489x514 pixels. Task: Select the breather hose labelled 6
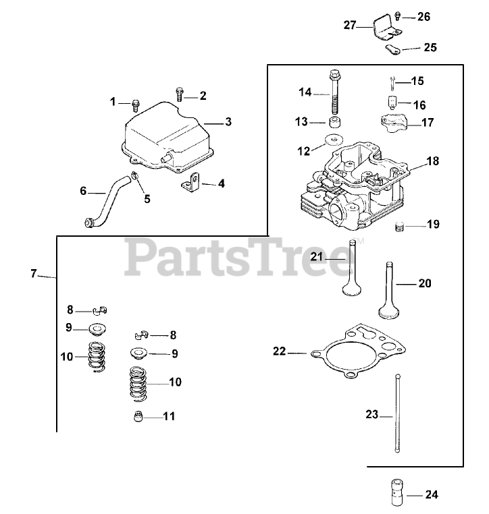111,198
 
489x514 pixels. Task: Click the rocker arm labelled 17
396,123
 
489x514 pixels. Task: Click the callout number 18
432,162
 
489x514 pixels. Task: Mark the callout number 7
33,274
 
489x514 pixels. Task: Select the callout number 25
430,48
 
